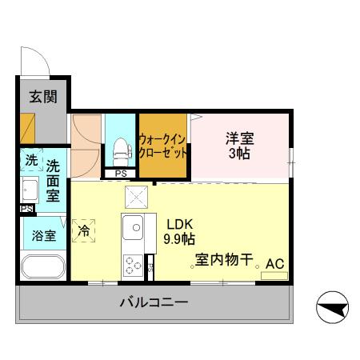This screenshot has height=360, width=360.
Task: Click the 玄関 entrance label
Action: point(43,97)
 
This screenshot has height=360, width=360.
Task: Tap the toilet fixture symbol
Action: point(122,149)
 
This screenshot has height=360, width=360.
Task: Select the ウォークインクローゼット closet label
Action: point(163,144)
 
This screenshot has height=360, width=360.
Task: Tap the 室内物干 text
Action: point(225,260)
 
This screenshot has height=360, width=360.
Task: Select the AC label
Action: point(274,263)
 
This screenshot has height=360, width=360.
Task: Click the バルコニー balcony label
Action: point(154,302)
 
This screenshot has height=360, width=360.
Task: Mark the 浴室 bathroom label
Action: point(43,236)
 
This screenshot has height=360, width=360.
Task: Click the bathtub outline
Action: point(42,266)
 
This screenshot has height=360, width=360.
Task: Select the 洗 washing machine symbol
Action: point(30,160)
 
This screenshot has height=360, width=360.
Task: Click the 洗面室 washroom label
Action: point(52,180)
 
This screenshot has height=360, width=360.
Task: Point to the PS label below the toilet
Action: point(121,174)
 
